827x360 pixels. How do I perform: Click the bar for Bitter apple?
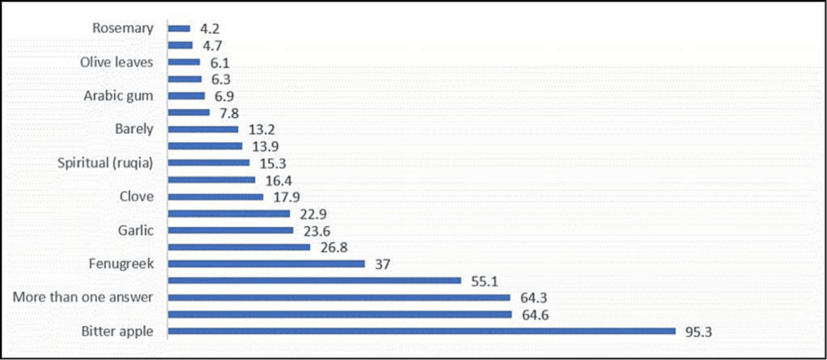421,331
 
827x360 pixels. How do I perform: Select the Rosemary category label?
123,28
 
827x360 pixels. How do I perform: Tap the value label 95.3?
699,332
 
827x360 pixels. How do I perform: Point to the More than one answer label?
82,297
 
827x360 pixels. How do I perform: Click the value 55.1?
484,281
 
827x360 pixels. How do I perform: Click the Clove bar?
215,197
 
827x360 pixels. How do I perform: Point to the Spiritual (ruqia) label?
105,163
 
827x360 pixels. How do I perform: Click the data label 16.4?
278,181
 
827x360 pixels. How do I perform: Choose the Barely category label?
134,129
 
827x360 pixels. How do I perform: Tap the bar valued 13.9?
205,146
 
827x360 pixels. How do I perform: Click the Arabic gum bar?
186,96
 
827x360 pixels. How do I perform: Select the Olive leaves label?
116,62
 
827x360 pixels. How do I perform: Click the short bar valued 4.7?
180,45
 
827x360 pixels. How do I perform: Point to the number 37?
382,264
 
